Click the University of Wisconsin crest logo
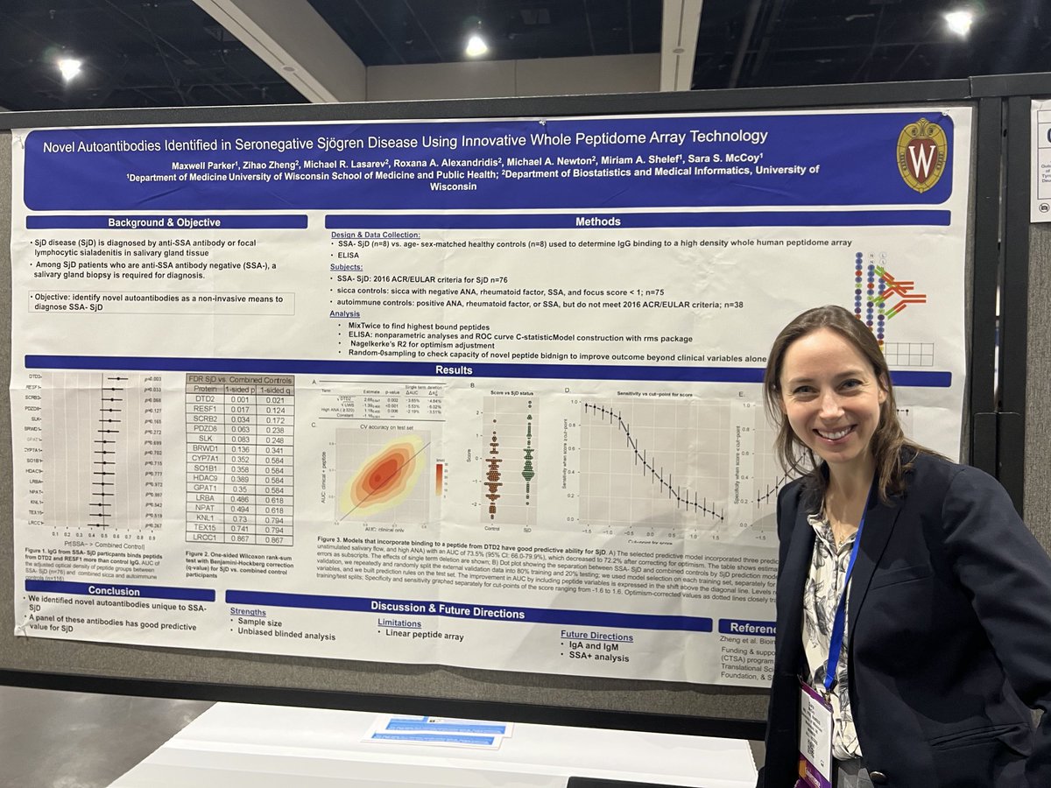point(921,155)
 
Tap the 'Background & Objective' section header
point(164,222)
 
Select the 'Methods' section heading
point(597,222)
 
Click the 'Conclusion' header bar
point(114,591)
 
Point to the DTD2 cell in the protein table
point(201,398)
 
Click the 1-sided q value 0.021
point(279,399)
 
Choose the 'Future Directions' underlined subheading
point(596,637)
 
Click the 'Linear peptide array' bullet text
point(425,637)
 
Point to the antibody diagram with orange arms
point(892,292)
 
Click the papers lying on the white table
point(437,731)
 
